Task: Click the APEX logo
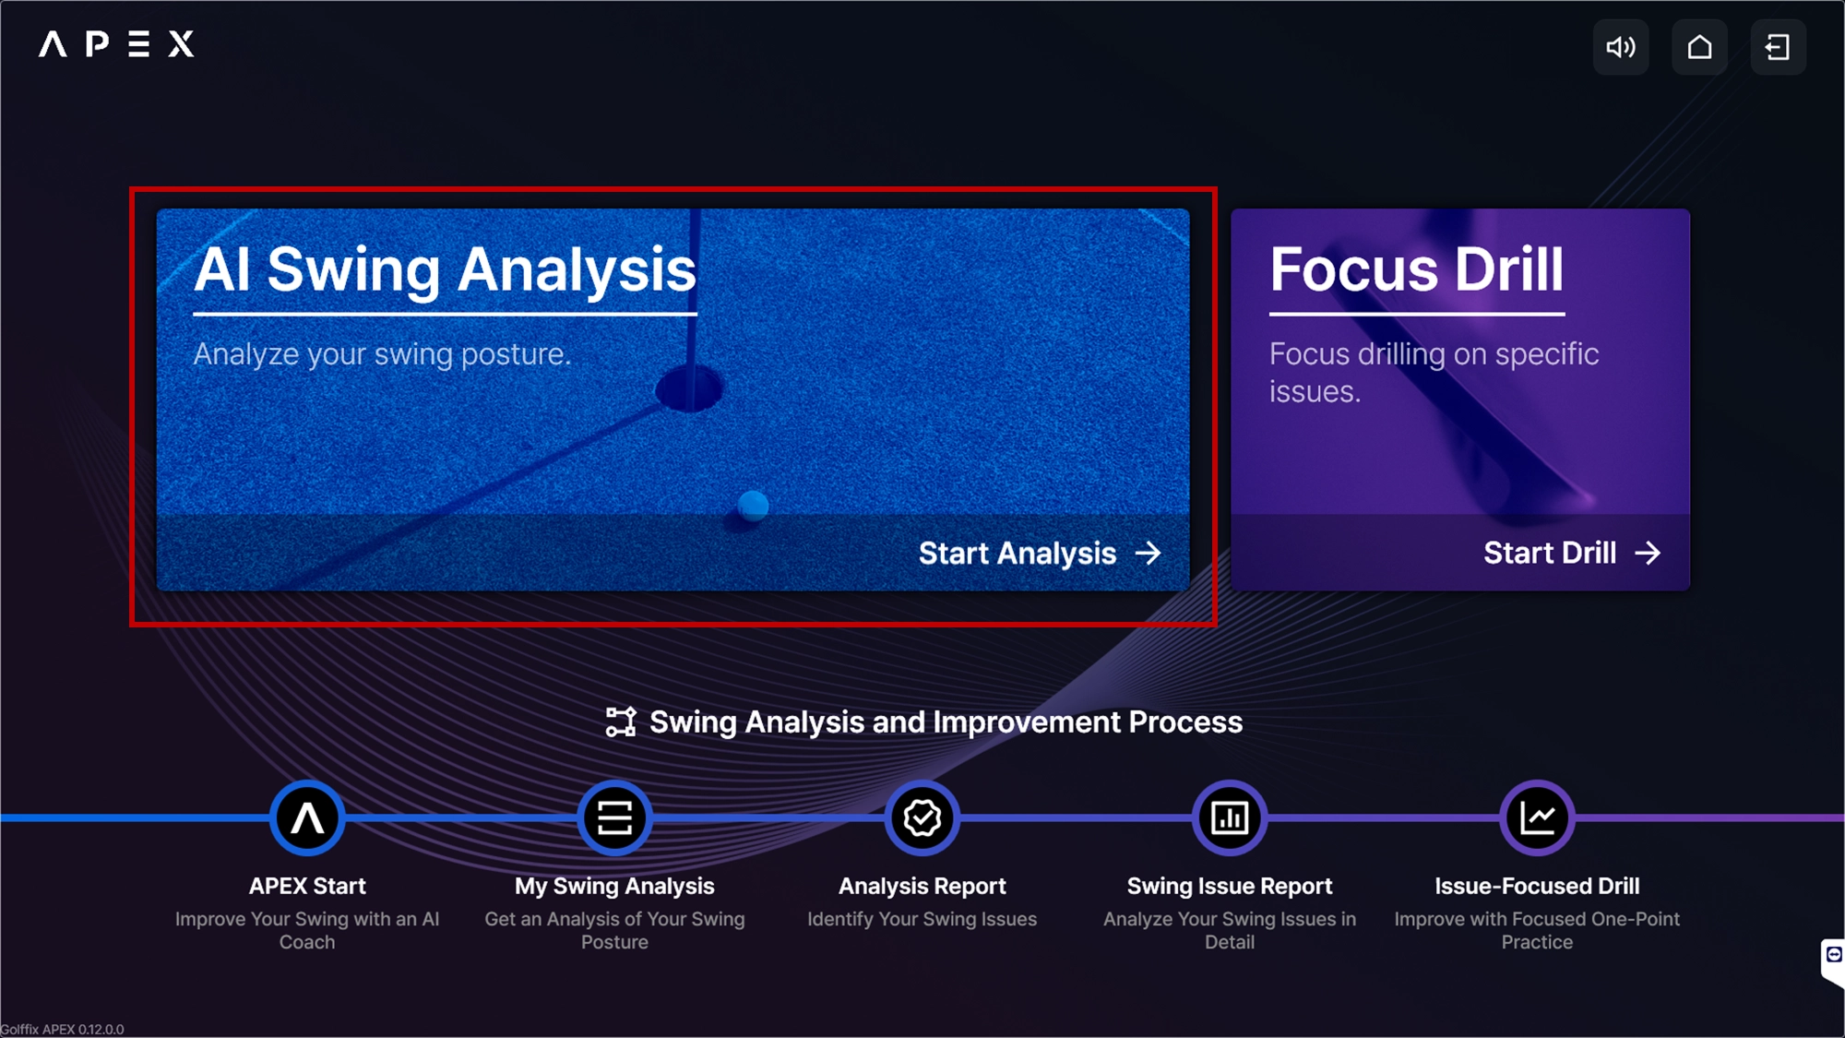point(116,43)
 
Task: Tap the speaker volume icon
point(1621,47)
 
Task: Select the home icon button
point(1699,47)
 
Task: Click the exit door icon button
point(1778,47)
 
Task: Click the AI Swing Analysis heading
point(445,270)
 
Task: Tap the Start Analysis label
point(1018,553)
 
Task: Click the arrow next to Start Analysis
point(1149,553)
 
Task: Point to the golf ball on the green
point(753,505)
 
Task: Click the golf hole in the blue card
point(689,388)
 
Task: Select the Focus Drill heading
point(1417,269)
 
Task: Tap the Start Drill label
point(1550,553)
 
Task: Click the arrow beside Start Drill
point(1648,553)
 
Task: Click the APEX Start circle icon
point(307,817)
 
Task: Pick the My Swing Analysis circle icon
point(614,817)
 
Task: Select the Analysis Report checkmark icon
point(922,817)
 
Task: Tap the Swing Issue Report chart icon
point(1230,817)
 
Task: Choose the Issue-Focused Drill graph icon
point(1537,817)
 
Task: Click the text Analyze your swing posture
point(382,354)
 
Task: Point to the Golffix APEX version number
point(101,1030)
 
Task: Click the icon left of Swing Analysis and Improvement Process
point(621,722)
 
